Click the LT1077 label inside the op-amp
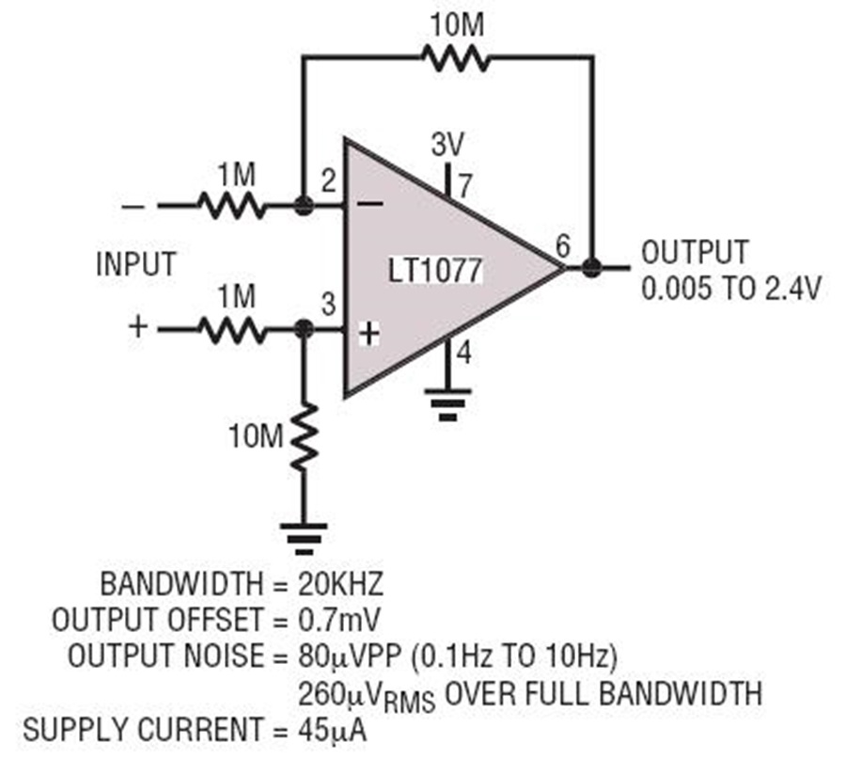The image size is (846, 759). coord(434,271)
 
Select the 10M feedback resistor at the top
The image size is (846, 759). coord(454,58)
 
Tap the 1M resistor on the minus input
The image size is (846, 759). coord(232,204)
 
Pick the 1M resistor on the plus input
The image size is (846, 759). coord(232,330)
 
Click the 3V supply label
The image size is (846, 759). coord(447,145)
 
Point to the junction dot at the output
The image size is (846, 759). coord(591,268)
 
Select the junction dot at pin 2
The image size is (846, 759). coord(303,204)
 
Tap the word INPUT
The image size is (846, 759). coord(134,265)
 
